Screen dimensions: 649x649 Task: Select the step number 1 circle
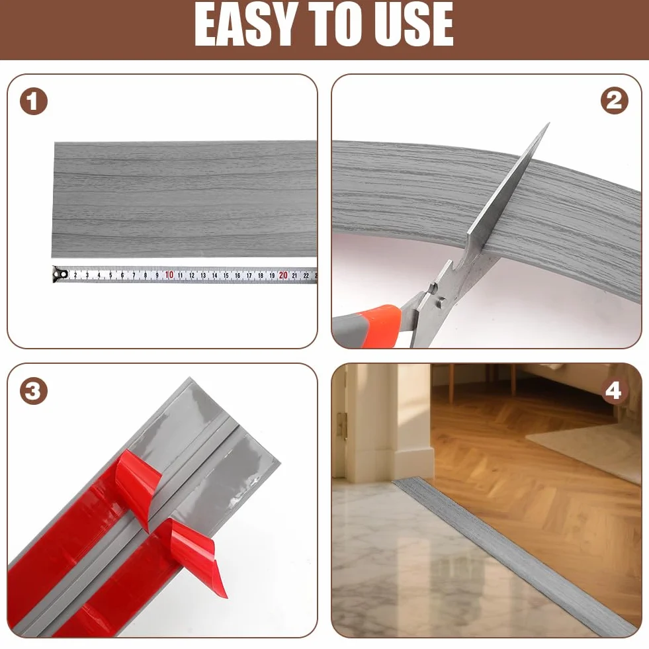(34, 101)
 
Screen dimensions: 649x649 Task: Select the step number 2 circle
(615, 101)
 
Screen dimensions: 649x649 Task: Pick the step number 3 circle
(34, 391)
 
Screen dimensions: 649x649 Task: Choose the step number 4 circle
(613, 391)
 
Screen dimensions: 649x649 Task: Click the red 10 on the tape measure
(169, 275)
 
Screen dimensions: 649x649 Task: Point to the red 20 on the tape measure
(283, 275)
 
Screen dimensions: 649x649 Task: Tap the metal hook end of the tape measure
(60, 274)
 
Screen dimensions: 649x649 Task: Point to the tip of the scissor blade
(549, 123)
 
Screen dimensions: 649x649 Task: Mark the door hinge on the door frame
(342, 426)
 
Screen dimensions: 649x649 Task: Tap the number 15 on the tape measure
(226, 275)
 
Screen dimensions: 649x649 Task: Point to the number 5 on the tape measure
(110, 275)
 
